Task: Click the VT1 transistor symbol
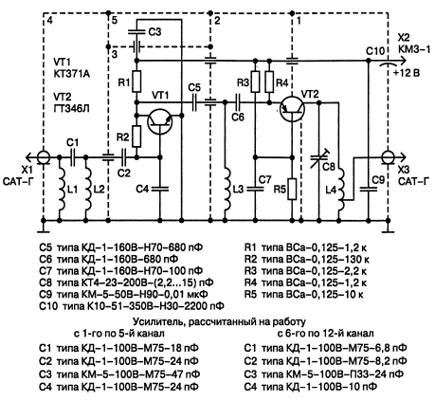[160, 121]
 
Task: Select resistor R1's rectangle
[136, 82]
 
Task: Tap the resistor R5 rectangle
[292, 189]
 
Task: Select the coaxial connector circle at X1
[43, 157]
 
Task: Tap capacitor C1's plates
[72, 157]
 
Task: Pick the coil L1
[63, 189]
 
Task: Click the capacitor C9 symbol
[369, 189]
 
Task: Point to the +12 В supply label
[407, 73]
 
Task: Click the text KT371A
[72, 74]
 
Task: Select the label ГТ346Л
[72, 108]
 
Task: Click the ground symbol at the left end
[44, 227]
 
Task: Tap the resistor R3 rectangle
[255, 82]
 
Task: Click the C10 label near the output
[375, 51]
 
